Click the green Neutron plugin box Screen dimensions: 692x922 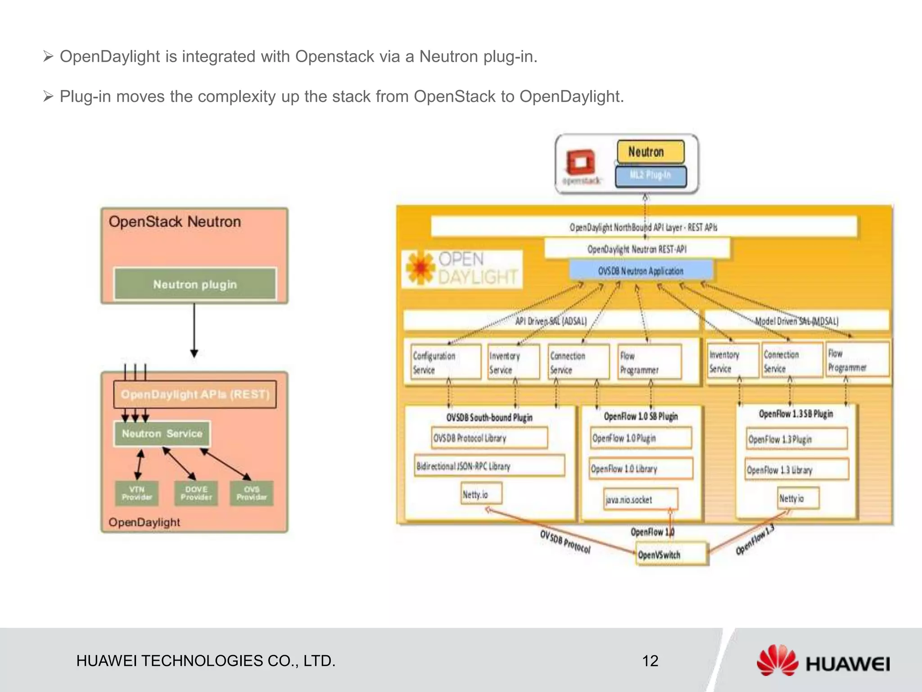pos(195,284)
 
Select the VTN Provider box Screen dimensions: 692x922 pos(137,493)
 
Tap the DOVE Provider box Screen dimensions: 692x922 pos(196,493)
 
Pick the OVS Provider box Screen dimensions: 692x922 pos(252,493)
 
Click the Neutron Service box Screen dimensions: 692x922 pos(162,434)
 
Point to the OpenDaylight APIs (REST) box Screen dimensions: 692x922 pos(195,395)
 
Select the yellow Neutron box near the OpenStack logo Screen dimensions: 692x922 pos(650,152)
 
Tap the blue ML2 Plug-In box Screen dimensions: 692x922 pos(651,176)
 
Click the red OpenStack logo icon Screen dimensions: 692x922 pos(581,162)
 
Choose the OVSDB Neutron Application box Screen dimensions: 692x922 pos(641,271)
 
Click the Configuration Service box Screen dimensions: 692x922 pos(445,362)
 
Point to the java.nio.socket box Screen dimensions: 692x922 pos(640,499)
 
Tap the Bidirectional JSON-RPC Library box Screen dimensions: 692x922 pos(489,466)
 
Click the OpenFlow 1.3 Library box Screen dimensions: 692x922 pos(796,470)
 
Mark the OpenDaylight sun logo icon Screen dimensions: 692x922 pos(420,268)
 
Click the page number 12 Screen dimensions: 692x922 pos(650,661)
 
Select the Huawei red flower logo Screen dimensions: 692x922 pos(777,660)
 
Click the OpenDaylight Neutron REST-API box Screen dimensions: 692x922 pos(637,249)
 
